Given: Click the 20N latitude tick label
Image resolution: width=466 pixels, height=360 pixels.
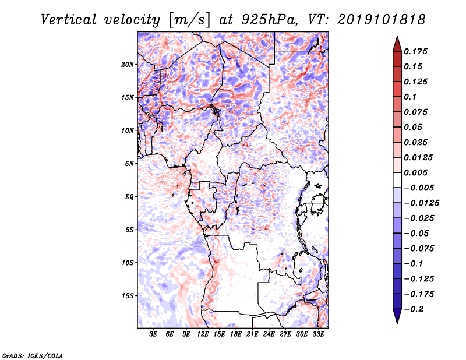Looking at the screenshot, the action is coord(128,65).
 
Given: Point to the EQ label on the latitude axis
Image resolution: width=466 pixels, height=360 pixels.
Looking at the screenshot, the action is coord(129,197).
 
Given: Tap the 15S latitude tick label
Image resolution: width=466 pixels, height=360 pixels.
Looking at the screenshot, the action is coord(128,296).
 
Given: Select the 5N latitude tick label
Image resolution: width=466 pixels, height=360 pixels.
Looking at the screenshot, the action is coord(129,164).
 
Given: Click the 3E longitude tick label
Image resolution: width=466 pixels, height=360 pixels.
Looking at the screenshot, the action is coord(153,334).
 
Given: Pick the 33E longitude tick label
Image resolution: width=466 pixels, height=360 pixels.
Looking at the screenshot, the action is coord(318,334).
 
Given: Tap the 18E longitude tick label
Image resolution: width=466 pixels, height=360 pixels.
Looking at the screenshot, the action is coord(236,334).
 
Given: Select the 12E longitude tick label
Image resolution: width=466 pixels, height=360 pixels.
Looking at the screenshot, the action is coord(203,334).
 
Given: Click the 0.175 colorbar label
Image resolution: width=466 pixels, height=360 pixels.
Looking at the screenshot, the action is coord(416,51).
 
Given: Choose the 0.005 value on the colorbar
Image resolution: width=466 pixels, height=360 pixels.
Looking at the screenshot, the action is coord(416,172).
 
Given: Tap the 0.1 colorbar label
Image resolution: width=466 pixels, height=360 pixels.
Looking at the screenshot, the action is coord(411,97).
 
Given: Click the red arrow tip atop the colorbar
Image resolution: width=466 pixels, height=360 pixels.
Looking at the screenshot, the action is coord(397,36).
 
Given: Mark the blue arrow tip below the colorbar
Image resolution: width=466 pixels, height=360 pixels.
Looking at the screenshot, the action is coord(397,323).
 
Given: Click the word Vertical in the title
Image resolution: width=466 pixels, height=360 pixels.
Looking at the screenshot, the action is coord(69,20).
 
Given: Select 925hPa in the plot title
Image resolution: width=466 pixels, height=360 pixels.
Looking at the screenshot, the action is coord(269,20).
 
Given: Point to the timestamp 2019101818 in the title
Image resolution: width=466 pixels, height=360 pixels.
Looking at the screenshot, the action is coord(382,20).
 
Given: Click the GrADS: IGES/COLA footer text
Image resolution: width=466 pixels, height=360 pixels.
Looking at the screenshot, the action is coord(33,356).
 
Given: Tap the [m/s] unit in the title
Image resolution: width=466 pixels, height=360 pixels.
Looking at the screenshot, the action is coord(190,20).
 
